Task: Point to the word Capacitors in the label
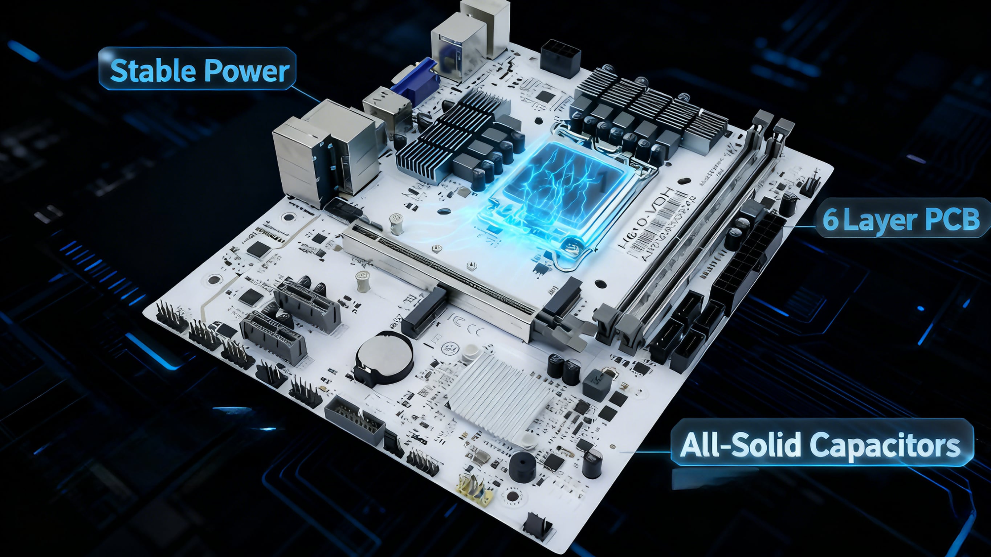click(x=885, y=445)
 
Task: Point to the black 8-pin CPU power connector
click(x=560, y=58)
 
